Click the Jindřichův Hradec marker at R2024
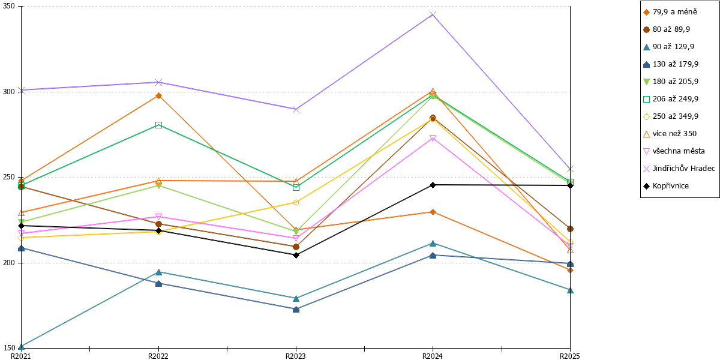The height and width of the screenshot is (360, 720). point(433,14)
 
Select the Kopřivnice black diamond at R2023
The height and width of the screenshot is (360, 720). point(296,255)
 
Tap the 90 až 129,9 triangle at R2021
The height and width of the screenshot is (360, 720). point(21,347)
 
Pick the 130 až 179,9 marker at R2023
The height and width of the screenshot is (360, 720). point(296,309)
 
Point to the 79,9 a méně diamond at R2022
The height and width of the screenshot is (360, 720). point(158,95)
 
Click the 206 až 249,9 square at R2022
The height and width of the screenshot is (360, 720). point(158,125)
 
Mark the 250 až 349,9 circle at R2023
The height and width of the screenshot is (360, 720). point(296,203)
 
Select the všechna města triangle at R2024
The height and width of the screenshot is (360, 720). point(433,138)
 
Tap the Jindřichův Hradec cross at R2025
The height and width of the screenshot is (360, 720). point(570,169)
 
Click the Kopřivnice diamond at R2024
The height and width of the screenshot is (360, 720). point(433,185)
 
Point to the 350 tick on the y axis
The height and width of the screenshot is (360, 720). point(19,6)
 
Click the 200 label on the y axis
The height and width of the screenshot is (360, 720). point(10,263)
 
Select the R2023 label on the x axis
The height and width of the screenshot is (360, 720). point(296,356)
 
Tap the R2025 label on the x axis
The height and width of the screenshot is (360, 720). point(570,356)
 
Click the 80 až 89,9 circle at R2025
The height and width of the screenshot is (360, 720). point(570,229)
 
